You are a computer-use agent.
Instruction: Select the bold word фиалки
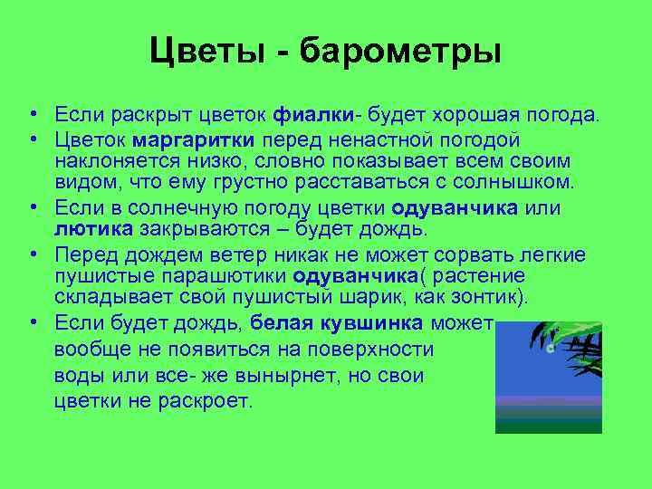click(312, 115)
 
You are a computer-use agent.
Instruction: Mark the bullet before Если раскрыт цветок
click(31, 116)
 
